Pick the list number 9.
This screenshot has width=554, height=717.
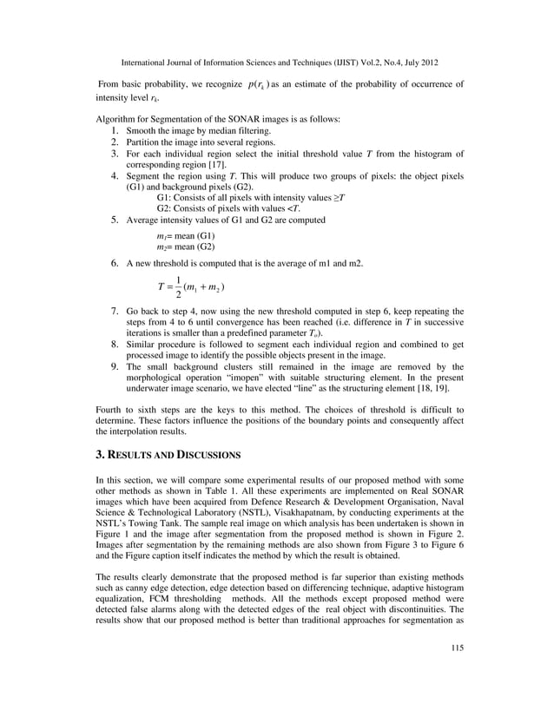click(115, 367)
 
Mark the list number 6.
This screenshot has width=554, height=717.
click(115, 261)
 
